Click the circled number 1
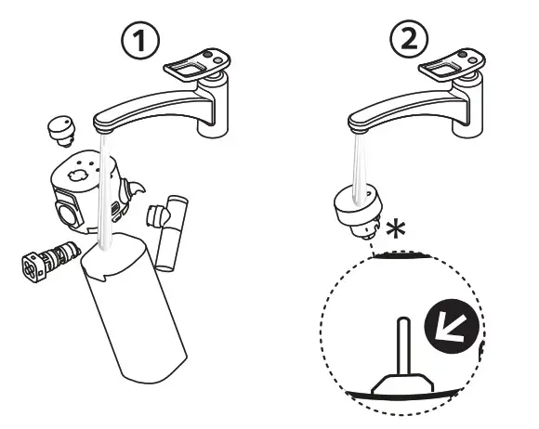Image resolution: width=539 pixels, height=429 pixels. pos(140,40)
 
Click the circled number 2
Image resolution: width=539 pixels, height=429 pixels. pos(409,39)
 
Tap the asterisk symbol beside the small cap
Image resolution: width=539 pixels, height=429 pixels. pos(396,229)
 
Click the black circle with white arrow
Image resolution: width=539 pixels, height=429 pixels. pos(452,326)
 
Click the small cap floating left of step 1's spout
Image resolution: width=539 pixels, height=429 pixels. pos(62,131)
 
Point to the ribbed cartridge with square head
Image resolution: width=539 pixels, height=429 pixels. pos(51,261)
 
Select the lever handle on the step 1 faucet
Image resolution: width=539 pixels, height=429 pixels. pos(197,65)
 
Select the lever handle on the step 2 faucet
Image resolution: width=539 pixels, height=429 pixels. pos(452,65)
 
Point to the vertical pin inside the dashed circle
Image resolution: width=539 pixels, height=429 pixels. pos(403,347)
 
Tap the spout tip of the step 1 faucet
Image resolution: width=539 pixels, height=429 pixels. pos(104,130)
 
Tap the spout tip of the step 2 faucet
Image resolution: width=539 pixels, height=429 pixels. pos(359,130)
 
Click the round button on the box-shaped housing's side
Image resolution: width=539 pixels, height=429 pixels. pos(67,214)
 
